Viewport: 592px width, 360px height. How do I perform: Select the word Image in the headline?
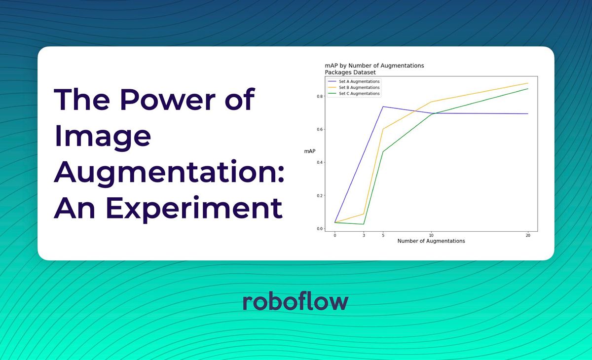coord(102,136)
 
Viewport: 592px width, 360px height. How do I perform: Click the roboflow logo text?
coord(296,301)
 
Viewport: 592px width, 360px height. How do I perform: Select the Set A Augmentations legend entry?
coord(359,81)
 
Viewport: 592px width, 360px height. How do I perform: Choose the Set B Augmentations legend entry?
coord(359,87)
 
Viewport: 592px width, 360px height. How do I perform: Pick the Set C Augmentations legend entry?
coord(359,93)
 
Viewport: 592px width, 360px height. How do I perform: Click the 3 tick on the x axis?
coord(364,236)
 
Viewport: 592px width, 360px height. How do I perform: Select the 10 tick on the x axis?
coord(431,236)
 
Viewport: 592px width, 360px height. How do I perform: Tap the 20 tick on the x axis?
coord(528,236)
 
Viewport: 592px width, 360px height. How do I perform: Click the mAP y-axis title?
coord(310,151)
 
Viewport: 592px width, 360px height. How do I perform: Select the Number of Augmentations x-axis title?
coord(431,241)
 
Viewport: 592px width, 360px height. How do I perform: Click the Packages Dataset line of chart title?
coord(350,72)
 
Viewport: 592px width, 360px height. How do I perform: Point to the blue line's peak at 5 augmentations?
coord(383,107)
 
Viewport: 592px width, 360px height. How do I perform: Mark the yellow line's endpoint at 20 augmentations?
coord(528,83)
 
